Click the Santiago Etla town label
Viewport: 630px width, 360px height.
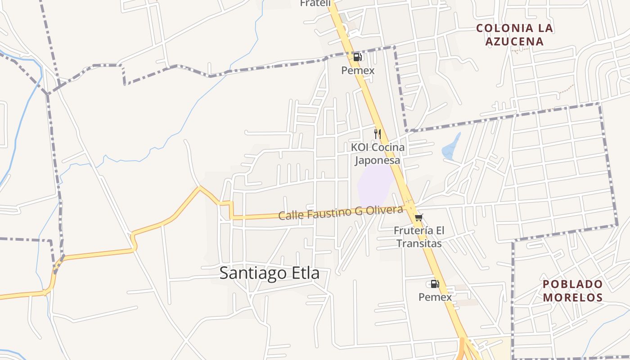(269, 273)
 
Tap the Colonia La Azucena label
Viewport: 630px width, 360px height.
(514, 35)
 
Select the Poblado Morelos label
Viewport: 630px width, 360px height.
(572, 291)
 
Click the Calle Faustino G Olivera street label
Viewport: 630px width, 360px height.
(340, 212)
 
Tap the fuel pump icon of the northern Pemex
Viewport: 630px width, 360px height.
(358, 57)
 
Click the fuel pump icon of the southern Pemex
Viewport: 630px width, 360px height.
(435, 284)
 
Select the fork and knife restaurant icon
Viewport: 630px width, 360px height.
(378, 134)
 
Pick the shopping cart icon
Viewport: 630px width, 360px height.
(418, 218)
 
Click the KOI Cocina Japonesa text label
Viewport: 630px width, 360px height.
(378, 154)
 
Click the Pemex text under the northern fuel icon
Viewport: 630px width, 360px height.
(358, 71)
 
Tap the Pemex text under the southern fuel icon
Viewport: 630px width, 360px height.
(435, 297)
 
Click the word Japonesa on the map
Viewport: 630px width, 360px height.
(378, 161)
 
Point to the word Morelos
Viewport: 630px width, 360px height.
(572, 297)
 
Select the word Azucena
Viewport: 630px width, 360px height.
(514, 42)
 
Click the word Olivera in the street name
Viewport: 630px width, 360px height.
(383, 210)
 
